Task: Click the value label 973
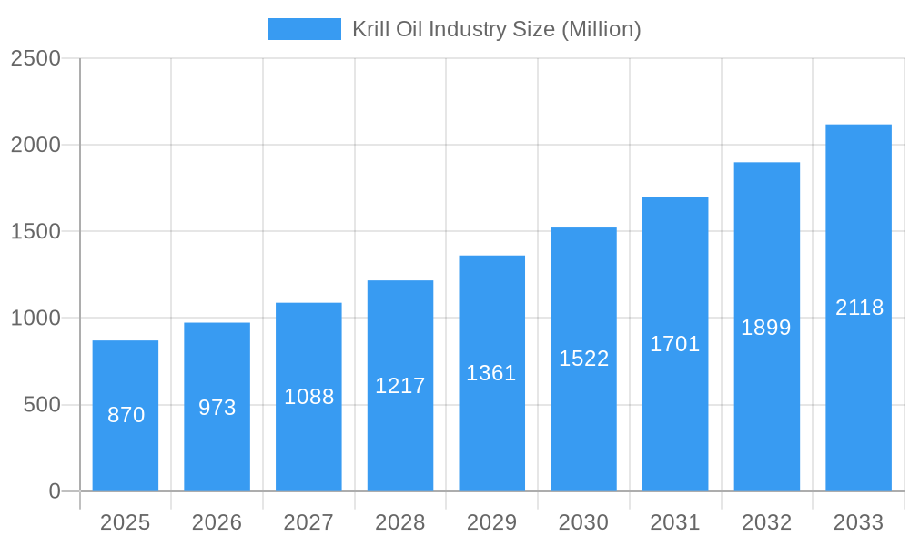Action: tap(217, 408)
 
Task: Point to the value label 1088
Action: tap(309, 397)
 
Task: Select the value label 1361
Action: tap(491, 373)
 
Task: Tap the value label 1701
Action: tap(675, 344)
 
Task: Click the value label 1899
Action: tap(766, 328)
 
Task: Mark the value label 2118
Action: tap(859, 308)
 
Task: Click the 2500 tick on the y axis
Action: tap(35, 58)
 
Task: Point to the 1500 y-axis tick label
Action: tap(35, 232)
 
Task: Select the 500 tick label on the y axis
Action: tap(42, 405)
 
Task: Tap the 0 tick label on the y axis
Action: tap(54, 491)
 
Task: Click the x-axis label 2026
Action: tap(217, 522)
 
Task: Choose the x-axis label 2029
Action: tap(491, 522)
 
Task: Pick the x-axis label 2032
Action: tap(766, 522)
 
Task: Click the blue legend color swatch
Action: tap(304, 29)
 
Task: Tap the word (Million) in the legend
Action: tap(601, 29)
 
